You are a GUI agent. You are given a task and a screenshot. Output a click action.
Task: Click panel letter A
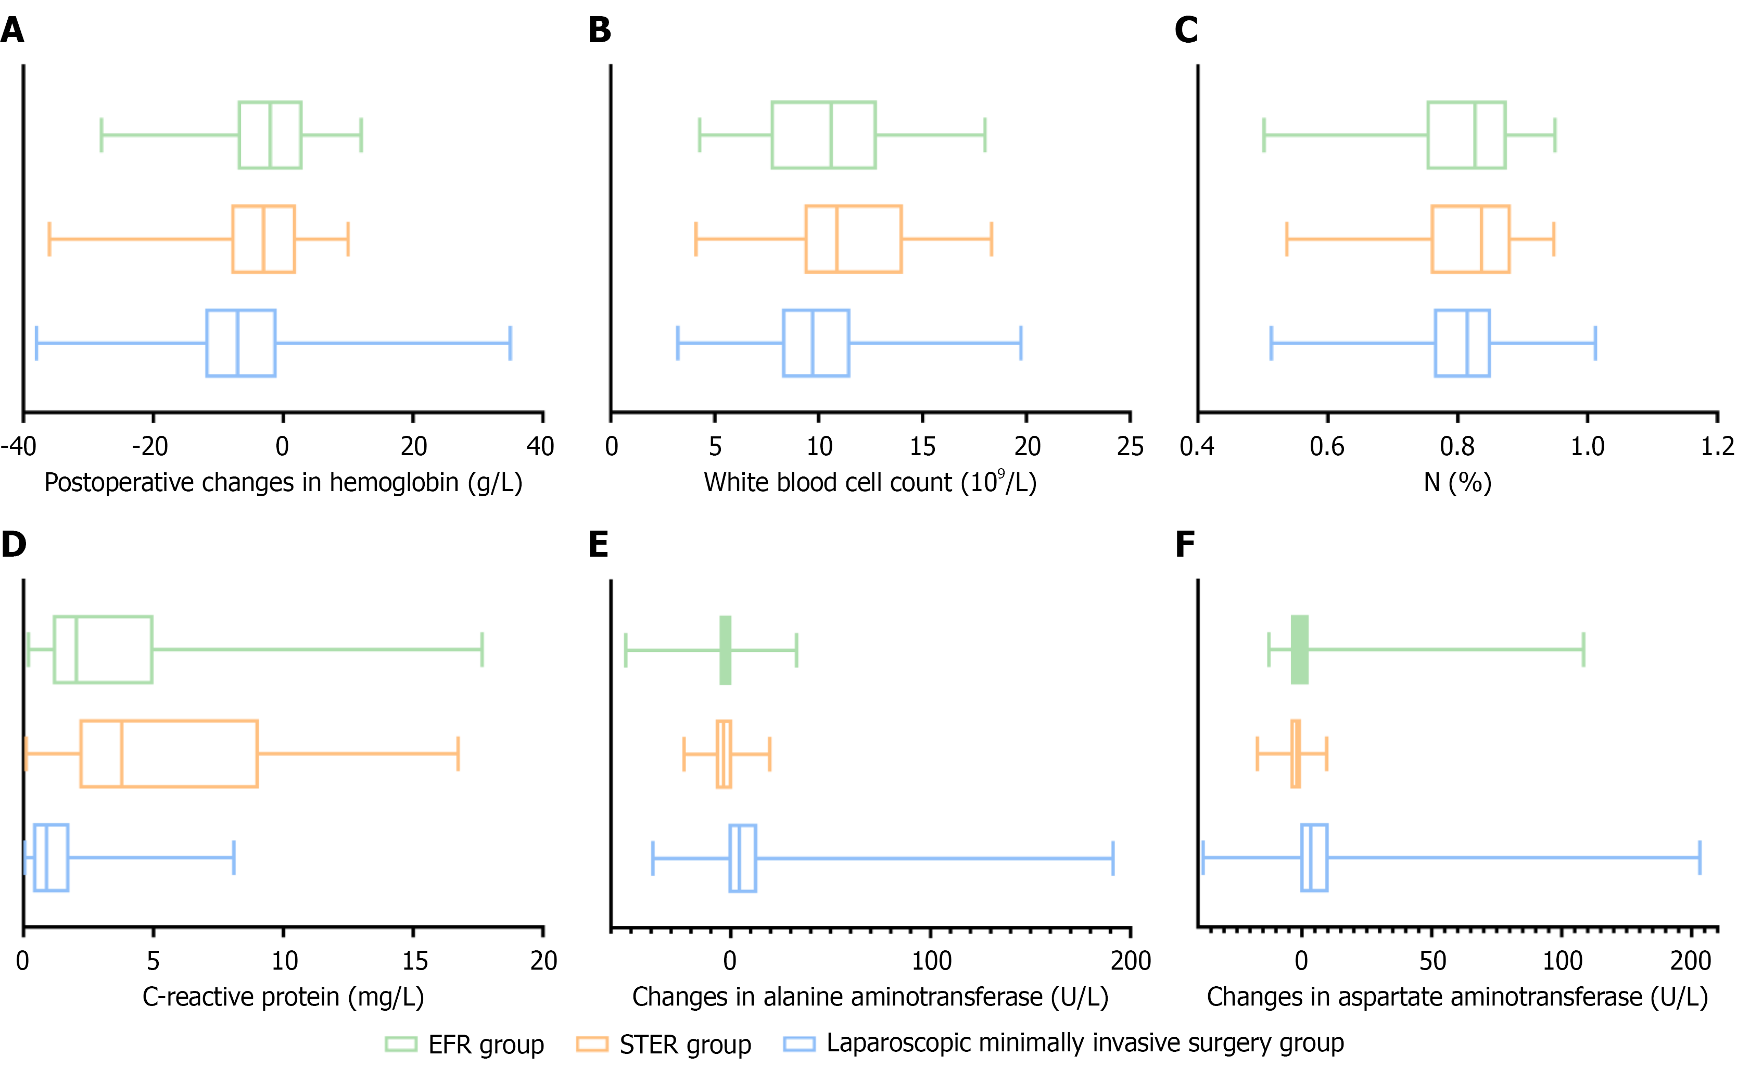(x=12, y=30)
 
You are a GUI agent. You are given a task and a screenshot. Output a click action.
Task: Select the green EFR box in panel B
(x=823, y=135)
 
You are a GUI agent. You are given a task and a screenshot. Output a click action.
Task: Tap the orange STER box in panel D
(x=169, y=753)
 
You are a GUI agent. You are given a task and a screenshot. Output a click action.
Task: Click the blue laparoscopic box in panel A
(x=241, y=343)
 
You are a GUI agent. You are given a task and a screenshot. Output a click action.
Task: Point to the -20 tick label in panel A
(x=150, y=446)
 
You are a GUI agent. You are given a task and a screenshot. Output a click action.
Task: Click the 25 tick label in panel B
(x=1130, y=446)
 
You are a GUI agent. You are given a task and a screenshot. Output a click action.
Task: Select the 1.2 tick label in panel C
(x=1717, y=446)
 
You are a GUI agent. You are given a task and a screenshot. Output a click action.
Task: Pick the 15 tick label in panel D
(x=414, y=961)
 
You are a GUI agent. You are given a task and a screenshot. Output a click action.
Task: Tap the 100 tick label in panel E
(x=931, y=961)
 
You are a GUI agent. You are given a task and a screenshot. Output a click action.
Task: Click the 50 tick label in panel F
(x=1432, y=961)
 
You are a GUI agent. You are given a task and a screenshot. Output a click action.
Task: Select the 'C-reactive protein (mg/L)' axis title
(x=283, y=997)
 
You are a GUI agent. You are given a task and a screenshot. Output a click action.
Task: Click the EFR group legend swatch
(x=400, y=1044)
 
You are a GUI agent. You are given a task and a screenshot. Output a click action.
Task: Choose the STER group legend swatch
(x=592, y=1044)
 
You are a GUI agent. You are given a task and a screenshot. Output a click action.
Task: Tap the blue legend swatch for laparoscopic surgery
(x=798, y=1044)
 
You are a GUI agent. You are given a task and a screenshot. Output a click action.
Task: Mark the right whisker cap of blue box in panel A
(x=510, y=343)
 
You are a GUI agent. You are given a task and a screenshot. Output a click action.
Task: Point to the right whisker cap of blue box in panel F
(x=1700, y=858)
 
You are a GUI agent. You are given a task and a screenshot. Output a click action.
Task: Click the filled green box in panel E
(x=725, y=650)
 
